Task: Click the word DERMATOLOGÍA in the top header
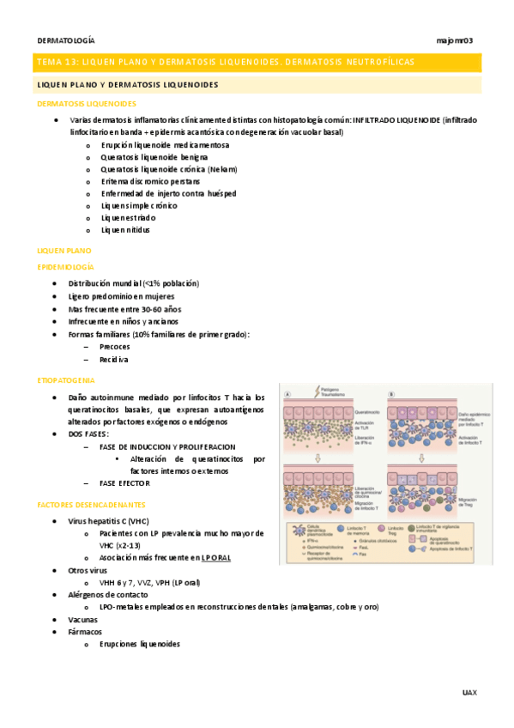tap(66, 40)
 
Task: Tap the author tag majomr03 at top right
tap(455, 40)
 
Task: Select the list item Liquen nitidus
tap(125, 230)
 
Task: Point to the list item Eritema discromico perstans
tap(150, 181)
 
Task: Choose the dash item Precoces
tap(114, 346)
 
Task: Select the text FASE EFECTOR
tap(125, 484)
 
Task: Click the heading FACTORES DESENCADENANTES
tap(92, 505)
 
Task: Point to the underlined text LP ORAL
tap(215, 557)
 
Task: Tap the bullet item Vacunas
tap(83, 619)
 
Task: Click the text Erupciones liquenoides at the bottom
tap(140, 644)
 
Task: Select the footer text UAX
tap(469, 691)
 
